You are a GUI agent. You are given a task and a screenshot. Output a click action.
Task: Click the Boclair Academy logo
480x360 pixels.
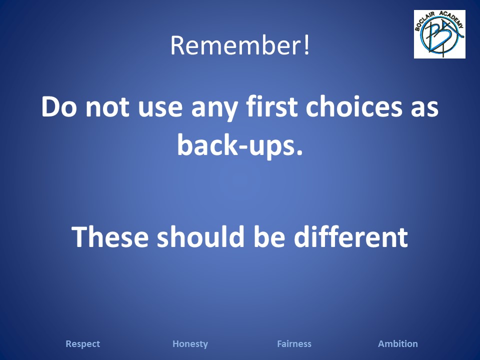tap(439, 34)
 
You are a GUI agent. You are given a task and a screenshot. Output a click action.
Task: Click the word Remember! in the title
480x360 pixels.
tap(240, 45)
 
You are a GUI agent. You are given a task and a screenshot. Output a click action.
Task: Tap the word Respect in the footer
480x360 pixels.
tap(82, 344)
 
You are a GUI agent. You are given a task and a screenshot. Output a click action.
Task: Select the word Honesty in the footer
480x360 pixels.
tap(190, 344)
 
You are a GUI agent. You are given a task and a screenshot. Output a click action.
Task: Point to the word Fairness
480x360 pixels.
tap(294, 344)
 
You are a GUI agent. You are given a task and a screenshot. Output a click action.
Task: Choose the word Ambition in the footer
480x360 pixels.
tap(398, 344)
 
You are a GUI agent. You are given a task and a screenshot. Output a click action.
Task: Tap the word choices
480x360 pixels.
tap(354, 106)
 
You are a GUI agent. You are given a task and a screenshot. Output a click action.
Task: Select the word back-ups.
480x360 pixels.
tap(240, 145)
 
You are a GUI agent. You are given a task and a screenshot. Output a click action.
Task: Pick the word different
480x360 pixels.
tap(351, 236)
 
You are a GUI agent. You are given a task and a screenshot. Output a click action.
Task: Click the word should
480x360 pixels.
tap(201, 236)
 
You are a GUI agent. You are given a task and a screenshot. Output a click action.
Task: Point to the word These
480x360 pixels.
tap(110, 236)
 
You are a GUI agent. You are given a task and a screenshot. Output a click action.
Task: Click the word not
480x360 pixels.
tap(107, 108)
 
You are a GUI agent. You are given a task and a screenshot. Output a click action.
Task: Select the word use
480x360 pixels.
tap(160, 109)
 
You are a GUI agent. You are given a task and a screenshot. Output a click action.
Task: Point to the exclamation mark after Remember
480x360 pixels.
tap(306, 45)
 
